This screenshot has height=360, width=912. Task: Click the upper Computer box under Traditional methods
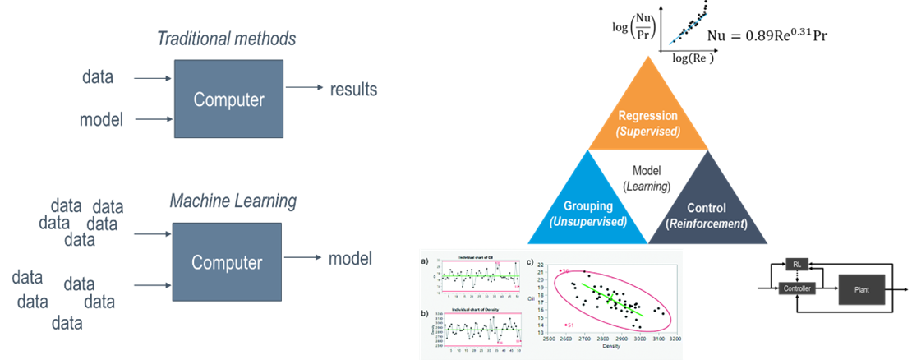(x=228, y=99)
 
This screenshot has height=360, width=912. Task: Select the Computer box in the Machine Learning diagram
(x=227, y=263)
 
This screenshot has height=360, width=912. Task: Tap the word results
(x=354, y=89)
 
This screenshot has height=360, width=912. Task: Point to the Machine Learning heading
(x=233, y=201)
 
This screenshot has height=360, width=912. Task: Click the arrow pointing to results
(x=304, y=89)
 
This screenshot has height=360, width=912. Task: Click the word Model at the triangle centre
(x=647, y=171)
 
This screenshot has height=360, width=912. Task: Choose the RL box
(x=796, y=264)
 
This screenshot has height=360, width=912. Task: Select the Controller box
(x=798, y=288)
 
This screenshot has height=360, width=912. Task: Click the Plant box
(x=862, y=290)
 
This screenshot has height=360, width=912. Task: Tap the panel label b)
(x=425, y=314)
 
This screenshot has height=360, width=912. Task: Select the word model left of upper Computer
(x=101, y=120)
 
